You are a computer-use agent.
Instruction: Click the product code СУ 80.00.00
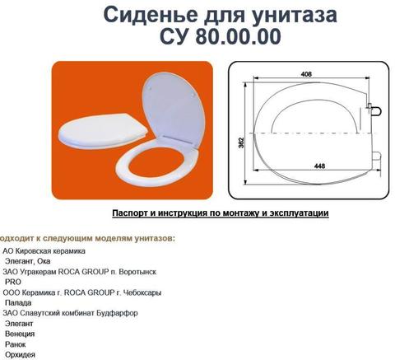tap(221, 36)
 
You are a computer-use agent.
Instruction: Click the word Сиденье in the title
tap(151, 15)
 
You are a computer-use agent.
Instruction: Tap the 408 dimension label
tap(306, 74)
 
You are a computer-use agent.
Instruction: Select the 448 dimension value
tap(319, 166)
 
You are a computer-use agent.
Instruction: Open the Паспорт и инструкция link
tap(221, 213)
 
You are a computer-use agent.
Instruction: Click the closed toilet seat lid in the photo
tap(103, 130)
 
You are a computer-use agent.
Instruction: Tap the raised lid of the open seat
tap(174, 109)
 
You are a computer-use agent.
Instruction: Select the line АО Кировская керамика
tap(44, 251)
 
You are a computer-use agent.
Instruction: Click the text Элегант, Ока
tap(28, 261)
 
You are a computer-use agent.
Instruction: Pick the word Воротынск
tap(137, 272)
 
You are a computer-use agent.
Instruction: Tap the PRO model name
tap(13, 282)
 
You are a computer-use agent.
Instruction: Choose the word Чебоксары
tap(142, 292)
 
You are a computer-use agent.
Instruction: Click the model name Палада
tap(18, 303)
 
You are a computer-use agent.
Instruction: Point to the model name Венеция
tap(20, 334)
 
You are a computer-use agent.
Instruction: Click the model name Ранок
tap(16, 344)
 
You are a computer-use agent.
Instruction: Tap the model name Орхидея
tap(20, 354)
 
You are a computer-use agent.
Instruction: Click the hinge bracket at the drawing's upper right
tap(374, 110)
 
